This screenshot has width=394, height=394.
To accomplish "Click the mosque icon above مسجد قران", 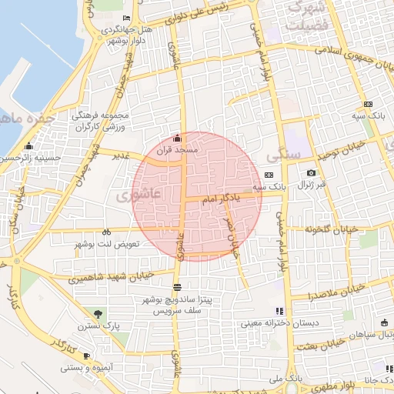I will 179,139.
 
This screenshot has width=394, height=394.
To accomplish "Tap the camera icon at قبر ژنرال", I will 311,173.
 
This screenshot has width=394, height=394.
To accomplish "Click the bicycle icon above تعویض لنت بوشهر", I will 106,232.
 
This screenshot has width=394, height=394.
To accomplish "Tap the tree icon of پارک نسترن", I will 98,313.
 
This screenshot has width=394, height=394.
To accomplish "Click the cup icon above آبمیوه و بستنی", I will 86,356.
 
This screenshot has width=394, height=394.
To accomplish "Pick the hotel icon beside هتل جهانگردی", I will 127,18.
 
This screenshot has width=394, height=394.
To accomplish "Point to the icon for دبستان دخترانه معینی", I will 279,311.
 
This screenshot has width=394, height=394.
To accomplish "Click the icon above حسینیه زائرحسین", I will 29,146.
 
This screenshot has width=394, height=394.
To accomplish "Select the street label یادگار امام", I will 221,199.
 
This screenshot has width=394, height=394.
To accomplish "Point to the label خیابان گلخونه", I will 332,229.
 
